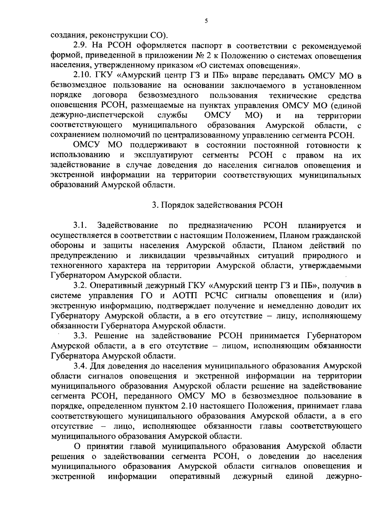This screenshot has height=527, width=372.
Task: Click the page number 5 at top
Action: tap(206, 21)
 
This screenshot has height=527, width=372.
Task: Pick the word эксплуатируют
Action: tap(163, 155)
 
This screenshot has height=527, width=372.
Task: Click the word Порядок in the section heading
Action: tap(178, 205)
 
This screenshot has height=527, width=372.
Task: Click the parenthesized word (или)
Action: tap(351, 296)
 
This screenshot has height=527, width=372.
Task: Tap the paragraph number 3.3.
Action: tap(82, 336)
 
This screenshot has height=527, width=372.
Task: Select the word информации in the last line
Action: tap(132, 476)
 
